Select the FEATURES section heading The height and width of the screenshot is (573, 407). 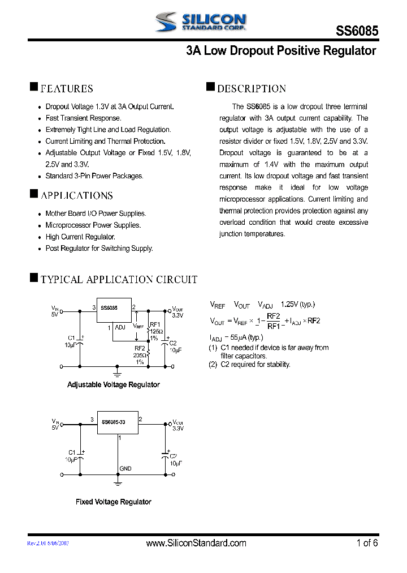tap(67, 89)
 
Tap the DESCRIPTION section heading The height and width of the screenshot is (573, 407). tap(252, 89)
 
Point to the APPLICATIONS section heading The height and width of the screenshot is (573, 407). tap(76, 196)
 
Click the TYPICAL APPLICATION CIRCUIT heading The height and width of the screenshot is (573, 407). tap(119, 280)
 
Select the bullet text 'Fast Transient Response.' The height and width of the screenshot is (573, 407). tap(83, 118)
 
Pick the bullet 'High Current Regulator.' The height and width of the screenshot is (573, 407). tap(80, 237)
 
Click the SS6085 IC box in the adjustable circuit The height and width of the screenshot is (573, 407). tap(114, 310)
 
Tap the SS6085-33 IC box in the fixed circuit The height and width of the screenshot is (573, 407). tap(117, 422)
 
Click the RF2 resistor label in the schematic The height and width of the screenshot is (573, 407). tap(139, 349)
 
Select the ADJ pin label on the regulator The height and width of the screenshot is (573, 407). tap(120, 327)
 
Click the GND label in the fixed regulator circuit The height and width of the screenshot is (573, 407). tap(125, 469)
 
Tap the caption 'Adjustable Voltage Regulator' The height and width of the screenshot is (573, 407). tap(113, 385)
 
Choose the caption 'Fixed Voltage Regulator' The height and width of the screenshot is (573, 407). tap(113, 502)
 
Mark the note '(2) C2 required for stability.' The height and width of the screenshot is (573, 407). tap(249, 365)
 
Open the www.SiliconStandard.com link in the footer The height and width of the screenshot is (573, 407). tap(196, 544)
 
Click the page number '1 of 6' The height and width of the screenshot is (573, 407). tap(367, 544)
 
